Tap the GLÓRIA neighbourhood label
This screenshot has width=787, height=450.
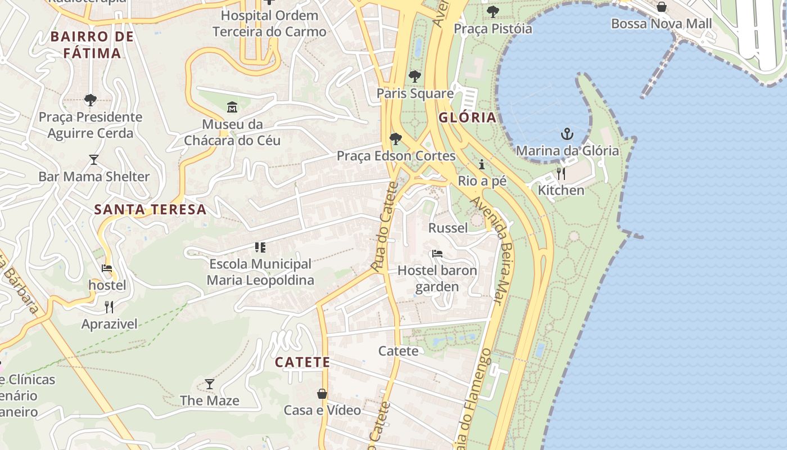coord(467,118)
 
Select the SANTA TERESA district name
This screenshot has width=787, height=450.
coord(150,210)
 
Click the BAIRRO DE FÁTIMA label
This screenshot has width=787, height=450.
coord(92,45)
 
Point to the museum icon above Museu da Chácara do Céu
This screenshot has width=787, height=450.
coord(232,107)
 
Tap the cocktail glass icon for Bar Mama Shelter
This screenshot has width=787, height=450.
coord(94,160)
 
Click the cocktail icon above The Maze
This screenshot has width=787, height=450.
coord(210,384)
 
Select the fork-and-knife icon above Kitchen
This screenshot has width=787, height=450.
coord(560,173)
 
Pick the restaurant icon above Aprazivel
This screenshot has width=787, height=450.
coord(109,307)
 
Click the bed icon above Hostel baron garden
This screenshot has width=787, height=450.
coord(437,254)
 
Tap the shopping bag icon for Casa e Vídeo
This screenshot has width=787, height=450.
coord(322,393)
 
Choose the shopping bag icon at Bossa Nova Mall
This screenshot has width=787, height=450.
coord(662,7)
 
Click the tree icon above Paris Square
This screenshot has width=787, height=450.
coord(415,76)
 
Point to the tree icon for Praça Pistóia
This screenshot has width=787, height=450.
coord(493,11)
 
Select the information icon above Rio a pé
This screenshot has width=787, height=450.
coord(482,164)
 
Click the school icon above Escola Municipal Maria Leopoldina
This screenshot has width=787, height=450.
coord(260,247)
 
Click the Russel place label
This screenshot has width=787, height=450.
coord(448,228)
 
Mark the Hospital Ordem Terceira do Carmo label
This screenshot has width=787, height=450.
coord(269,23)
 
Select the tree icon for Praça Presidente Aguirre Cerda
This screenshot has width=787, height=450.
coord(90,100)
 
